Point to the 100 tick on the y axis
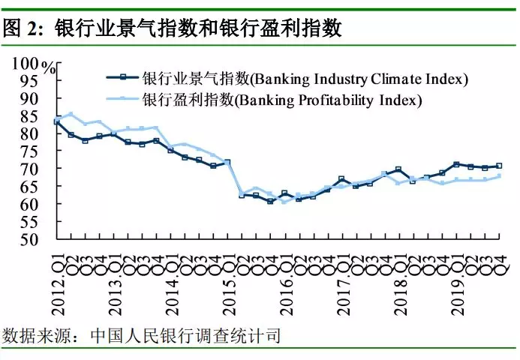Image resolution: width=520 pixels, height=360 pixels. [26, 63]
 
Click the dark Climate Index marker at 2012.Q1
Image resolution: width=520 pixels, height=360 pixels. [57, 121]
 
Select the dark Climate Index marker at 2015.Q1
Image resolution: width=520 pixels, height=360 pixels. [227, 162]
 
